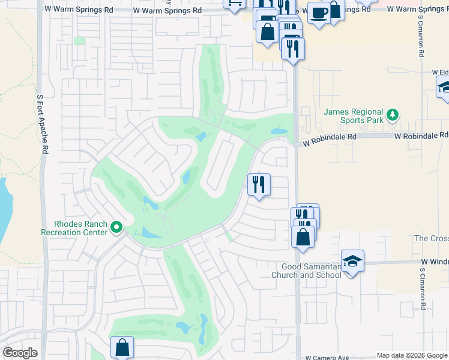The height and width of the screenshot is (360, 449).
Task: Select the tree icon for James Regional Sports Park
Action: click(x=393, y=114)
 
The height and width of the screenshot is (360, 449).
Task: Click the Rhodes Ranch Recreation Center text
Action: click(x=73, y=229)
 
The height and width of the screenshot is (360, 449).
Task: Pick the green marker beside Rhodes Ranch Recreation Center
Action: click(x=116, y=227)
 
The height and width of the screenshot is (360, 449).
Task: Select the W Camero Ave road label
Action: click(x=327, y=357)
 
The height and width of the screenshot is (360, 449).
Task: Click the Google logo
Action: click(x=20, y=353)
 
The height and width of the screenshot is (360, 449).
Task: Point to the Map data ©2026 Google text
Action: click(x=412, y=356)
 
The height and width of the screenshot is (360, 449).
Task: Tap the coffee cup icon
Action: click(x=318, y=13)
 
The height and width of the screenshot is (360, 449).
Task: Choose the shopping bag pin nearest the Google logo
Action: click(x=122, y=347)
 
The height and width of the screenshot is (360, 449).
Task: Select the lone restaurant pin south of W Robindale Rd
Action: click(x=259, y=184)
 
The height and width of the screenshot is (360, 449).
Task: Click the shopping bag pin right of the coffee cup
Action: click(x=335, y=11)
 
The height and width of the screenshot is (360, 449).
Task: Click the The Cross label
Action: click(x=432, y=238)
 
